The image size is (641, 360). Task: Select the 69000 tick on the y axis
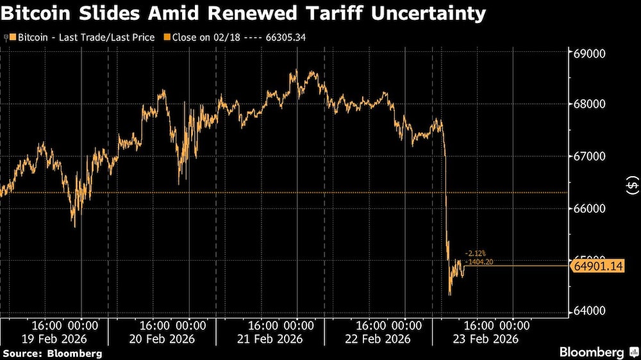588,53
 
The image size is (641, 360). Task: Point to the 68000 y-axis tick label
588,104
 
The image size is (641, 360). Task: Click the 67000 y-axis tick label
588,156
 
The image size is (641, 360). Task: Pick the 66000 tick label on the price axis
588,208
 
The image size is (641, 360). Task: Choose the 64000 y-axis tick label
588,311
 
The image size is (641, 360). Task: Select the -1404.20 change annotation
479,261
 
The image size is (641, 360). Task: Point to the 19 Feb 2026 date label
54,339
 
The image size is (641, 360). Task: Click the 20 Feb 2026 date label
163,339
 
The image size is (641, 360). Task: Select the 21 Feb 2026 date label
271,339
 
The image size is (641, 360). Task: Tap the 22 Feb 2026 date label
379,339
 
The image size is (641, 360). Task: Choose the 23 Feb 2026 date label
487,339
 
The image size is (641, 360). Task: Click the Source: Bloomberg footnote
53,353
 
